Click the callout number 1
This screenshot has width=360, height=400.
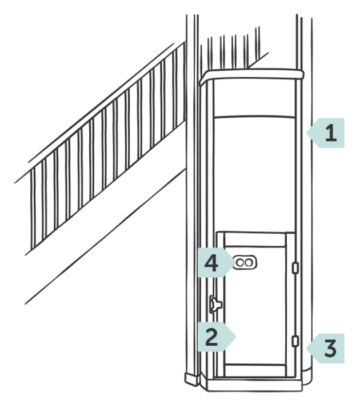pyautogui.click(x=331, y=133)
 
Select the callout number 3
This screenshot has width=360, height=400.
pyautogui.click(x=330, y=348)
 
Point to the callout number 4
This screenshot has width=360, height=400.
pyautogui.click(x=211, y=263)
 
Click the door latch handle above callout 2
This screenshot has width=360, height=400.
pyautogui.click(x=215, y=304)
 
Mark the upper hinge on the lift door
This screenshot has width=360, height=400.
pyautogui.click(x=295, y=268)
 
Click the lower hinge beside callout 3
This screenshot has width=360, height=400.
pyautogui.click(x=295, y=341)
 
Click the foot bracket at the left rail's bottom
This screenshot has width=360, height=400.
pyautogui.click(x=192, y=379)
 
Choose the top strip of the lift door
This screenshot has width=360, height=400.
pyautogui.click(x=255, y=240)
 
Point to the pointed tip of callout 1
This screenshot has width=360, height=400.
pyautogui.click(x=307, y=133)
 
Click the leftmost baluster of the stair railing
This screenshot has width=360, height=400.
pyautogui.click(x=33, y=210)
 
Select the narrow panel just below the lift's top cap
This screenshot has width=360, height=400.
pyautogui.click(x=254, y=98)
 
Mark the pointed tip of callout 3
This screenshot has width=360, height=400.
pyautogui.click(x=307, y=348)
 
